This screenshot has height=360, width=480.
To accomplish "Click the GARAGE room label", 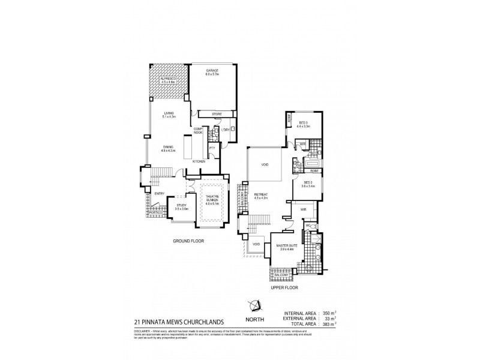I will (x=212, y=71).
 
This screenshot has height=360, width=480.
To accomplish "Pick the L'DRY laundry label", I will (x=226, y=130).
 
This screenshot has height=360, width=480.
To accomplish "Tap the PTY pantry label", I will (x=212, y=148).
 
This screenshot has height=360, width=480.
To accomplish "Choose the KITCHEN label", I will (x=199, y=162).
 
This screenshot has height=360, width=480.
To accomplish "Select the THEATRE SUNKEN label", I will (x=212, y=199).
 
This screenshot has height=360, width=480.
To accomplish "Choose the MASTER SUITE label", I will (x=284, y=246).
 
